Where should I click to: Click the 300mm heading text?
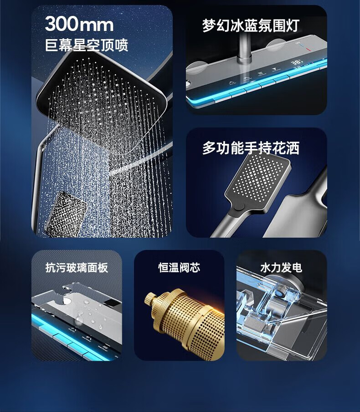(79, 24)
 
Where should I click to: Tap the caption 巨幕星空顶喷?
(87, 45)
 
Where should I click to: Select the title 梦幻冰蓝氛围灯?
(251, 25)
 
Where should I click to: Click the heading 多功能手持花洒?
(251, 148)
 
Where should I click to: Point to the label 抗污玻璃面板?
(77, 268)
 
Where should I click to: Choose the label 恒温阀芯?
(179, 268)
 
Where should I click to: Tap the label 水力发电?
(281, 268)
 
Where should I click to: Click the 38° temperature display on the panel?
(297, 63)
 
